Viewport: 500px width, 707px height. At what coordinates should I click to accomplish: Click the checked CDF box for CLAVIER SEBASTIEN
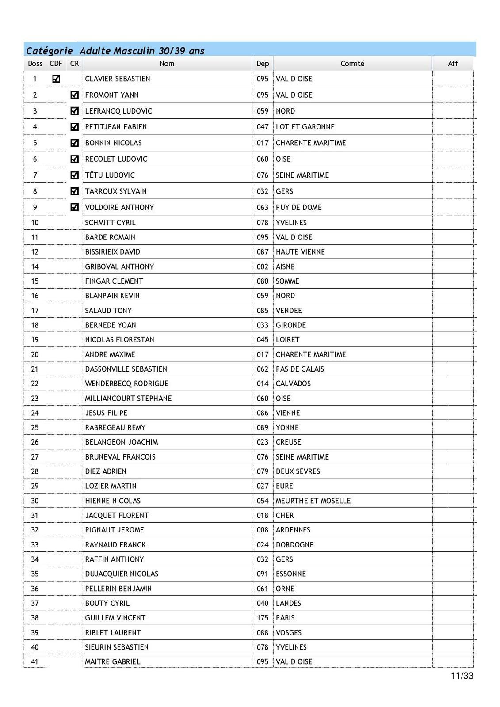click(x=56, y=79)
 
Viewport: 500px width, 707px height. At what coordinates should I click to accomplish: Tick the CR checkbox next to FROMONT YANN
click(x=74, y=95)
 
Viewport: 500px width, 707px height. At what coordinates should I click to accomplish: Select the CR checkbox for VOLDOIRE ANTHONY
click(x=74, y=207)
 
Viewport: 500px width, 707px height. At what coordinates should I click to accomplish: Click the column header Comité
click(x=352, y=64)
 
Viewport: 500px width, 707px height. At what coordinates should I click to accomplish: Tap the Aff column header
click(x=453, y=64)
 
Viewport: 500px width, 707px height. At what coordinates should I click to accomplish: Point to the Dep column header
click(x=263, y=64)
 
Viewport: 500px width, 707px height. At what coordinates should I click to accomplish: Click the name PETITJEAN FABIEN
click(x=116, y=127)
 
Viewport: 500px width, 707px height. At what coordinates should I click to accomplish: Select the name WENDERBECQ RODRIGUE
click(x=126, y=384)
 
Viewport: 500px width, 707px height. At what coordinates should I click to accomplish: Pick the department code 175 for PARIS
click(x=263, y=618)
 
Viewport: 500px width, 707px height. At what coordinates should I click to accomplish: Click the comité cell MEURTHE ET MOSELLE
click(x=313, y=501)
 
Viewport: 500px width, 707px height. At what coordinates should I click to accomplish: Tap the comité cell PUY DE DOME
click(x=298, y=207)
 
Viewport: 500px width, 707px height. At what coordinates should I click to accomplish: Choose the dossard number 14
click(x=35, y=266)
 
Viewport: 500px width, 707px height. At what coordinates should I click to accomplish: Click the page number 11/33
click(x=462, y=676)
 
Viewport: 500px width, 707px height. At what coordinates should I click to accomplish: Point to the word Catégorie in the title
click(x=49, y=51)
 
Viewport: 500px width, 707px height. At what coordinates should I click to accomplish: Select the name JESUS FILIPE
click(x=106, y=413)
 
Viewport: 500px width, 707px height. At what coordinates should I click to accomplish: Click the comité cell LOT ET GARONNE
click(x=305, y=127)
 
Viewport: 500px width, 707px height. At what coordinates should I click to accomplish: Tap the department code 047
click(x=263, y=127)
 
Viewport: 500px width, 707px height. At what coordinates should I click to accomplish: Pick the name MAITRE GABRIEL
click(x=112, y=661)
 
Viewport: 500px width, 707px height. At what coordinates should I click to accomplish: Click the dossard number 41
click(x=35, y=661)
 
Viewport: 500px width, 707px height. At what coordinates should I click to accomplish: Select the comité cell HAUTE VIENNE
click(x=300, y=252)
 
